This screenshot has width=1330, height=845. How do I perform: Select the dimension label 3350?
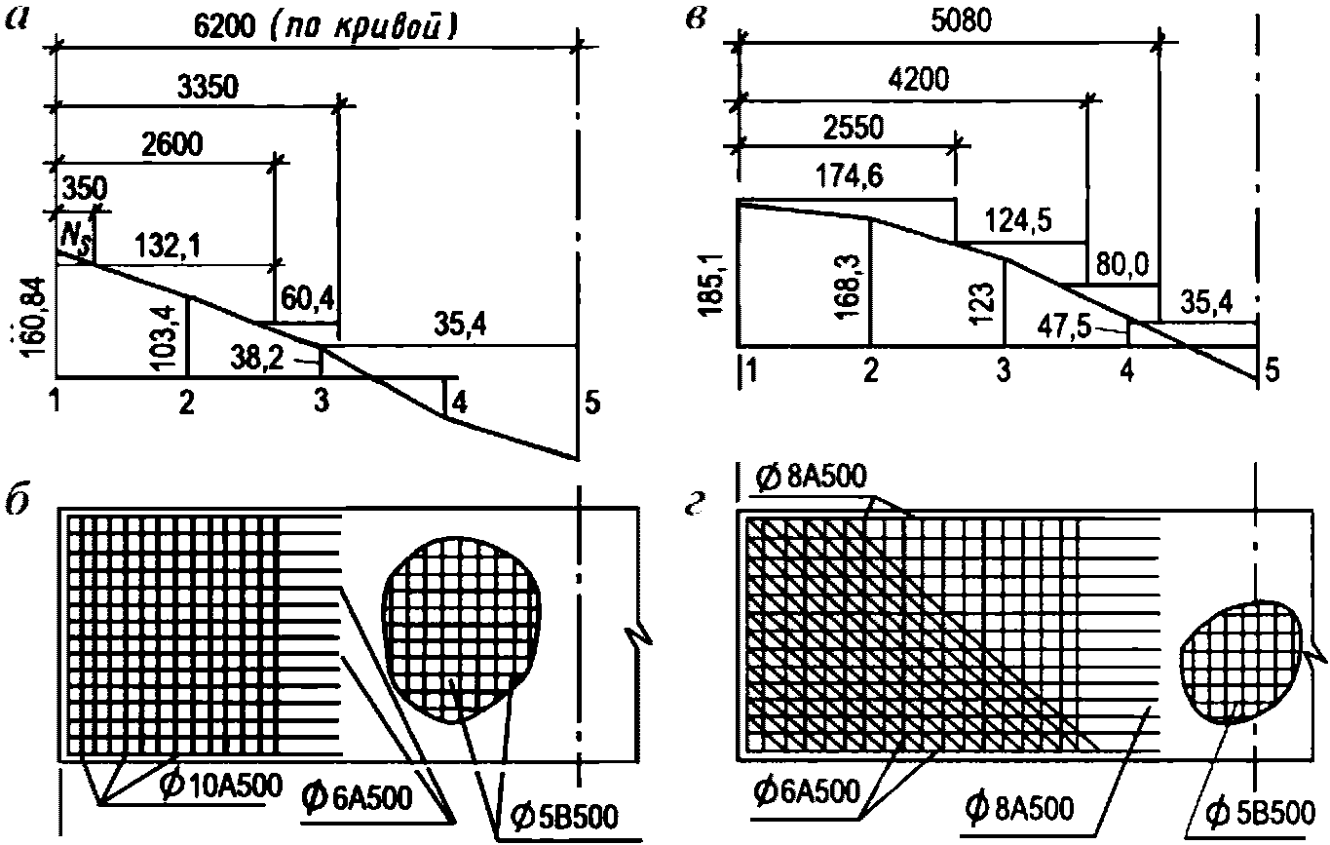[209, 88]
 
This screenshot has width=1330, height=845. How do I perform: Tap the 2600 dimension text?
[172, 144]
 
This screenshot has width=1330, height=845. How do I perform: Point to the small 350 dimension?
[85, 189]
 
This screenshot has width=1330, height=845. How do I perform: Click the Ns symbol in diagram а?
[75, 239]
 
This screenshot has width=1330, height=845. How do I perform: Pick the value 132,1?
[168, 246]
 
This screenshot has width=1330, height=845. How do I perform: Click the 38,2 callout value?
[257, 360]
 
